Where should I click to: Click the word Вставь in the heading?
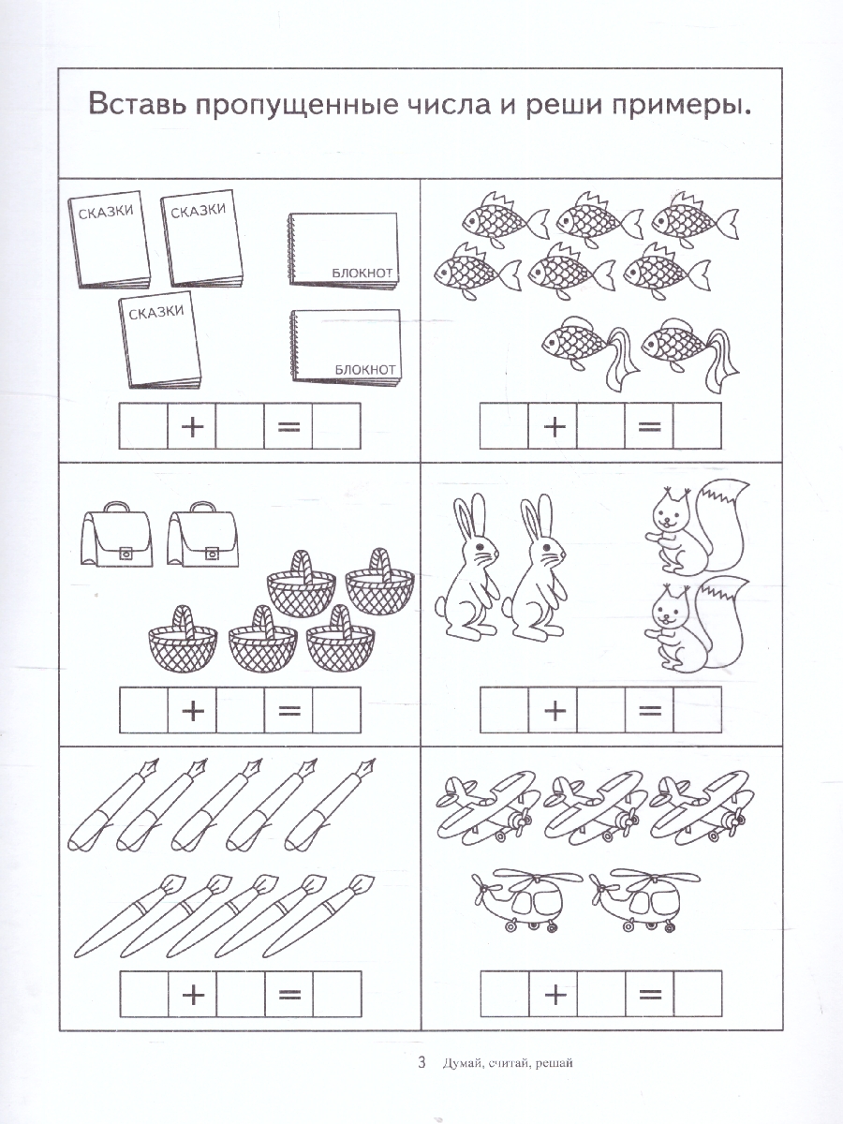click(x=137, y=105)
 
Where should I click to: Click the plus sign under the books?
click(x=192, y=426)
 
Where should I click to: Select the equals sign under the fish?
click(x=649, y=426)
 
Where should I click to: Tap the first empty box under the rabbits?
click(x=504, y=710)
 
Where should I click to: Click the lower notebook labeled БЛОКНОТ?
click(x=345, y=347)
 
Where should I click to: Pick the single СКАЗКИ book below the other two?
click(x=159, y=339)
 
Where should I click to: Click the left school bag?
click(x=117, y=534)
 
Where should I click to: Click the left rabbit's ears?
click(x=470, y=516)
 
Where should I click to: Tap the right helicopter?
click(x=643, y=898)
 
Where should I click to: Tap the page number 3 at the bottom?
click(x=421, y=1062)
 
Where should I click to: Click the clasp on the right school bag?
click(x=211, y=554)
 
